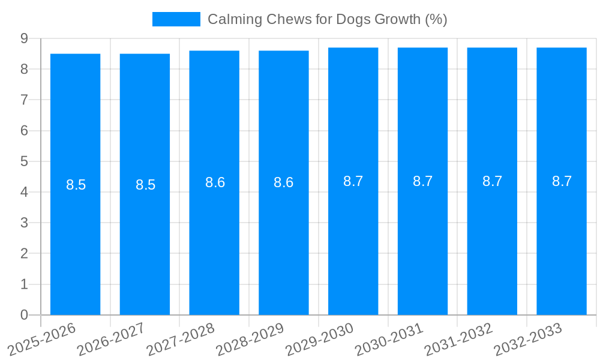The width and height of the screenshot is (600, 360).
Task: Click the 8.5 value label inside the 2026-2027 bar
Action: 145,185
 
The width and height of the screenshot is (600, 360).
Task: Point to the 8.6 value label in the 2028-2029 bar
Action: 283,182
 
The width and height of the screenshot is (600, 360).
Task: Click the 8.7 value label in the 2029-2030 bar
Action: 353,181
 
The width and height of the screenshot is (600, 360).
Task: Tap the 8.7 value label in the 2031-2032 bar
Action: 492,181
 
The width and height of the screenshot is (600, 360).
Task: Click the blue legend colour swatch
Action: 176,19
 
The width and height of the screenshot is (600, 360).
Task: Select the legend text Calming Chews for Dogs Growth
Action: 327,19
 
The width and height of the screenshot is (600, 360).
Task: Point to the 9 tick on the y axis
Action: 24,38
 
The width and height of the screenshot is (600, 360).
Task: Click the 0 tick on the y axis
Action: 24,315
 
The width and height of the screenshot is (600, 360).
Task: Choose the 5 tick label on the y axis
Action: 24,161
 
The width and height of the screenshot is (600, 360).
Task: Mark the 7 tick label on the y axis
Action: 24,100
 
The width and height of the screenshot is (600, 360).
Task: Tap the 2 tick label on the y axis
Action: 24,253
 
